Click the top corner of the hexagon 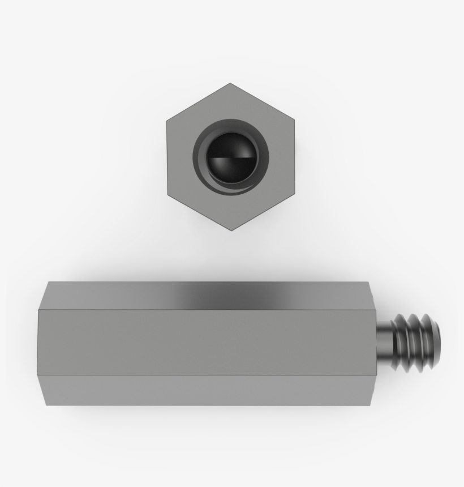tap(230, 84)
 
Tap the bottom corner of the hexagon tap(231, 230)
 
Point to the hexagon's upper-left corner tap(167, 120)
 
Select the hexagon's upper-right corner tap(294, 120)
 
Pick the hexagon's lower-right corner tap(294, 194)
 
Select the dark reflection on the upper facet tap(226, 296)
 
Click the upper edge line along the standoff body tap(204, 310)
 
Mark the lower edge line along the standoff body tap(204, 375)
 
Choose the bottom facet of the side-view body tap(204, 390)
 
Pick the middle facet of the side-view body tap(204, 343)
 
